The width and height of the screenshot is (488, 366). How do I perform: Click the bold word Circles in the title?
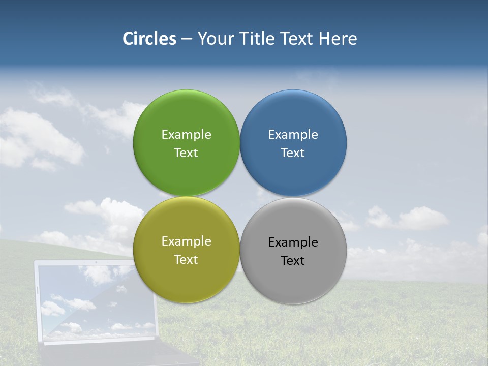tap(149, 39)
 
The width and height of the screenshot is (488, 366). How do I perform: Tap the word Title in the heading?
tap(259, 39)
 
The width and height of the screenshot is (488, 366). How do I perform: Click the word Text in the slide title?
tap(297, 39)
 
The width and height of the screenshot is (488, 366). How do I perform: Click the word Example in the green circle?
tap(186, 134)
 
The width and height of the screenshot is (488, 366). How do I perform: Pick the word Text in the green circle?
tap(186, 152)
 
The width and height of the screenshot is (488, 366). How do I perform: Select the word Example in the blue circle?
tap(293, 134)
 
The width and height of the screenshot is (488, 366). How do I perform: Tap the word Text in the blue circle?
tap(293, 152)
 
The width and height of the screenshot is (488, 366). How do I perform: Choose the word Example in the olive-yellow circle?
tap(186, 241)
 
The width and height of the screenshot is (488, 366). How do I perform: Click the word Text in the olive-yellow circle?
tap(186, 259)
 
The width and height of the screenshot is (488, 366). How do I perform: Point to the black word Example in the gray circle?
tap(293, 242)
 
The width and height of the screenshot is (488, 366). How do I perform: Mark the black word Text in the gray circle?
tap(293, 260)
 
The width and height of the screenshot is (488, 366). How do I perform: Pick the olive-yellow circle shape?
tap(186, 282)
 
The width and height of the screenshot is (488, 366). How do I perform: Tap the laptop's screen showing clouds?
tap(97, 302)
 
